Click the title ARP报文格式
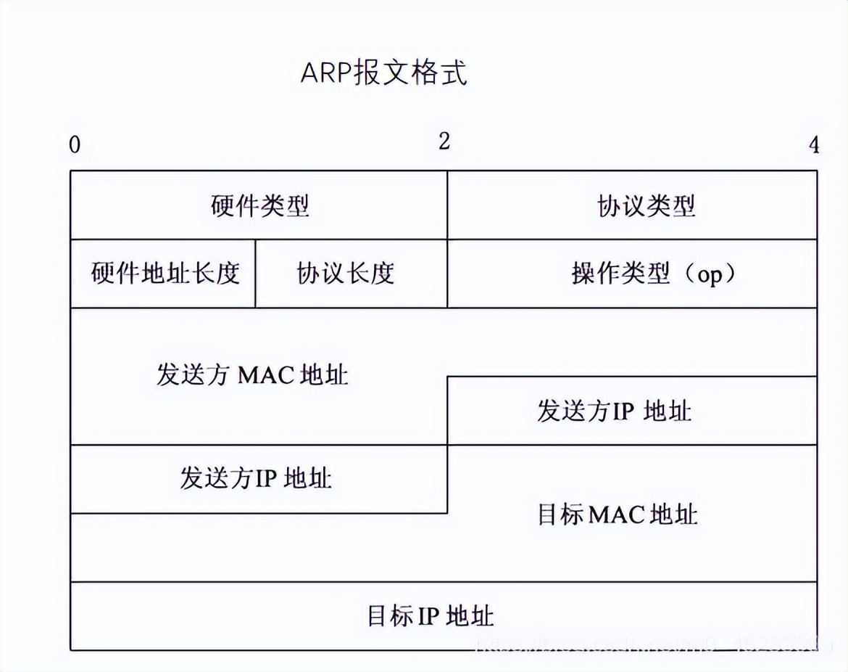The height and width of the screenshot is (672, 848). click(384, 73)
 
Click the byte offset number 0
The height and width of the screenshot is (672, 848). click(75, 145)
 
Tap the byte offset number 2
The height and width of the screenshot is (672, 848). click(444, 141)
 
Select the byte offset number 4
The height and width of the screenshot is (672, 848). click(814, 145)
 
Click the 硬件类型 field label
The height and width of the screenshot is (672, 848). click(260, 206)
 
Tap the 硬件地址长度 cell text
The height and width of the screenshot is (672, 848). click(165, 274)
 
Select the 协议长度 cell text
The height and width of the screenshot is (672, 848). click(346, 274)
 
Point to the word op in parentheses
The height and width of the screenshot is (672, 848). click(710, 276)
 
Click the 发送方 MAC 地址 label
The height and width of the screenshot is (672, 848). click(252, 374)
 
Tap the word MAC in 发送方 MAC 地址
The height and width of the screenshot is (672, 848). click(264, 375)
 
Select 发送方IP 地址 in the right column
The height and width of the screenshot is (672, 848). click(614, 411)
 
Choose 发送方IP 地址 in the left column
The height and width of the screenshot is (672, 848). click(255, 478)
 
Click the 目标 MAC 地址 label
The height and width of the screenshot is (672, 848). click(618, 515)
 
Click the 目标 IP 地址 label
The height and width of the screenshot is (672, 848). click(431, 616)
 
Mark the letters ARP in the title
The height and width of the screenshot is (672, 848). click(325, 74)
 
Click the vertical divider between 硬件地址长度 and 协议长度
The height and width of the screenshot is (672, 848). click(256, 274)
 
